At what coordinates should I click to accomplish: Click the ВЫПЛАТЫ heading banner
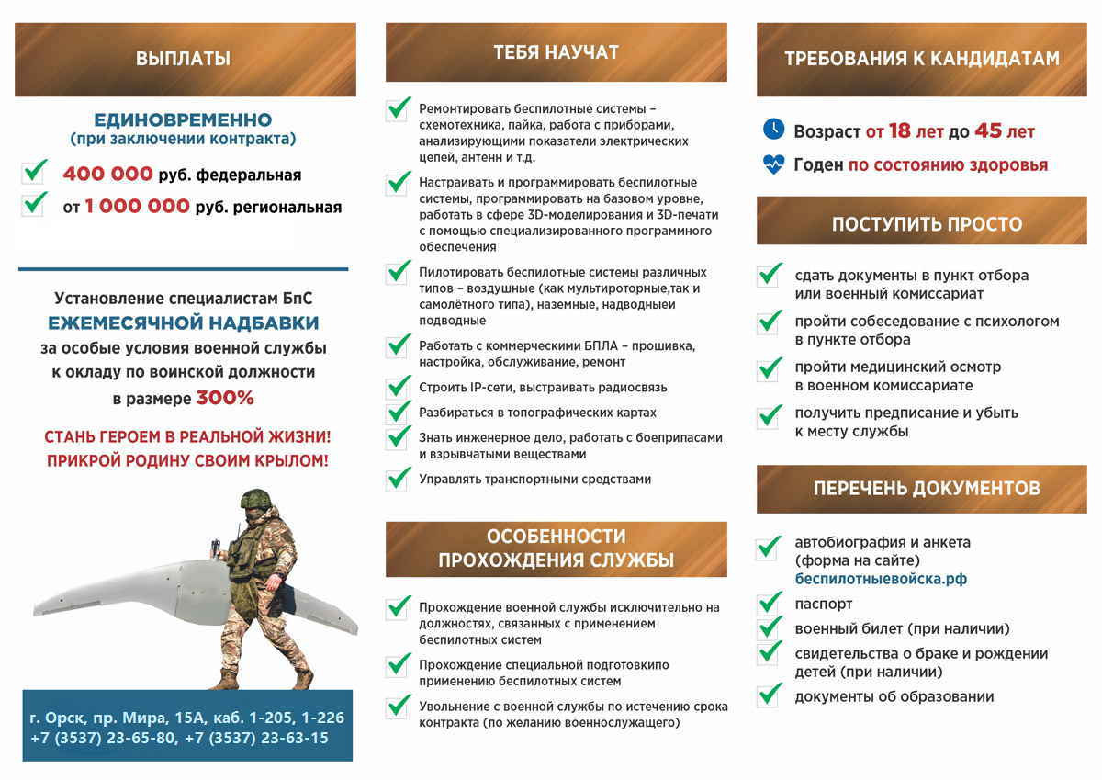pyautogui.click(x=185, y=60)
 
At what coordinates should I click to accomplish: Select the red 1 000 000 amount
pyautogui.click(x=137, y=207)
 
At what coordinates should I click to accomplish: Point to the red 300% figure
pyautogui.click(x=225, y=399)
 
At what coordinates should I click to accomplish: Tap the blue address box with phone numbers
pyautogui.click(x=186, y=726)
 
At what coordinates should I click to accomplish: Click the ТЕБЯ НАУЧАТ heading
pyautogui.click(x=556, y=52)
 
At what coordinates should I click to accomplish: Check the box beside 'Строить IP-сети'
pyautogui.click(x=398, y=388)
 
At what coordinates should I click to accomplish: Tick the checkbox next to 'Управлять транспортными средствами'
pyautogui.click(x=398, y=479)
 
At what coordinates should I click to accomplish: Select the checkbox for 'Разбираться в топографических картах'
pyautogui.click(x=398, y=413)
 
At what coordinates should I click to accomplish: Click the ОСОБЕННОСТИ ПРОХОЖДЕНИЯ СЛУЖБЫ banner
pyautogui.click(x=556, y=548)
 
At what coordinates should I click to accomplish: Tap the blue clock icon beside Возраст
pyautogui.click(x=773, y=130)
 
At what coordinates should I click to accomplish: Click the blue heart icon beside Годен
pyautogui.click(x=773, y=164)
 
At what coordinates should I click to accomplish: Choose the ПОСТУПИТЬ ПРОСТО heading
pyautogui.click(x=927, y=224)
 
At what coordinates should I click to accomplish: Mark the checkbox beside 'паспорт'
pyautogui.click(x=769, y=605)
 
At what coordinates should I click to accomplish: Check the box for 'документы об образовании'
pyautogui.click(x=769, y=696)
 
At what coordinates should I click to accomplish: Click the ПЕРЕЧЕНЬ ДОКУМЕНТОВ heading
pyautogui.click(x=927, y=488)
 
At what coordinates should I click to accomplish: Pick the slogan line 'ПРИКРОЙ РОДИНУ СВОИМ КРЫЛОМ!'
pyautogui.click(x=187, y=460)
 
